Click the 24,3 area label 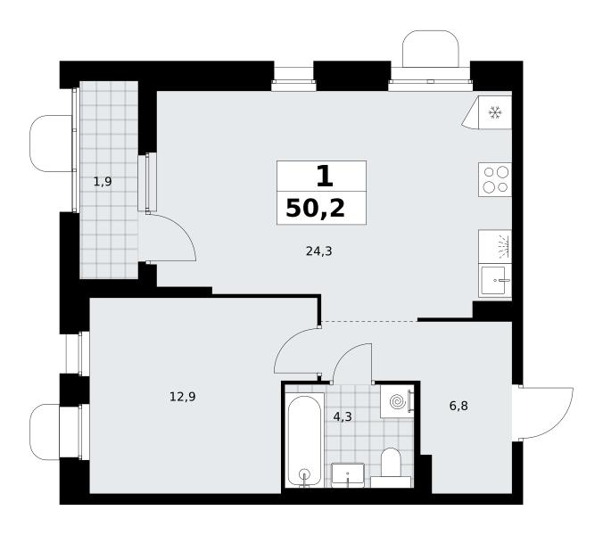tap(318, 251)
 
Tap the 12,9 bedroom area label tap(183, 396)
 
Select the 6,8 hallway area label tap(458, 406)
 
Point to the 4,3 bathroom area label tap(343, 416)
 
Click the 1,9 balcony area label tap(103, 181)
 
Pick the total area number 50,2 tap(316, 209)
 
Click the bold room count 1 tap(324, 177)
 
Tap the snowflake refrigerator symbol tap(495, 112)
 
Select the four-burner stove tap(495, 180)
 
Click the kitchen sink tap(495, 281)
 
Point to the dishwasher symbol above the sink tap(495, 247)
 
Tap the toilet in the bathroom tap(391, 468)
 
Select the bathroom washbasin tap(348, 475)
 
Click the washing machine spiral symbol tap(398, 402)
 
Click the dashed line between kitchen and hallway tap(369, 321)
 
